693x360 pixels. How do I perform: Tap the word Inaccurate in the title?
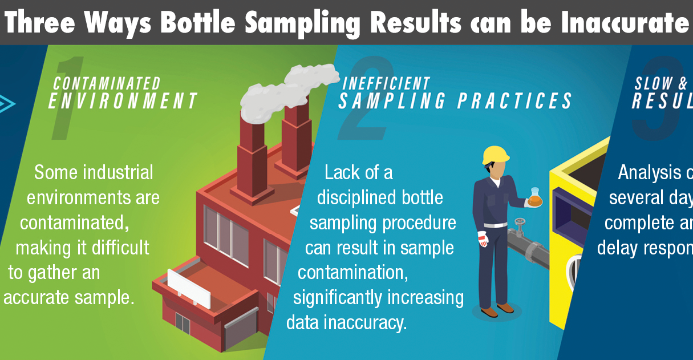click(623, 22)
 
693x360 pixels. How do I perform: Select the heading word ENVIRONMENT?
click(123, 101)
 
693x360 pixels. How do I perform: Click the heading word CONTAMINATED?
click(107, 84)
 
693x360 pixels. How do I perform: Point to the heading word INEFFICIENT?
click(386, 83)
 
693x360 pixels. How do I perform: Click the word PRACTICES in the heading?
click(514, 101)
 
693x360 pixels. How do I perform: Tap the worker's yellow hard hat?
click(495, 155)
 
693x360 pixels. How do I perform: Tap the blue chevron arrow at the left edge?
click(7, 104)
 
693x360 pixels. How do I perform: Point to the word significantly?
click(340, 297)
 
